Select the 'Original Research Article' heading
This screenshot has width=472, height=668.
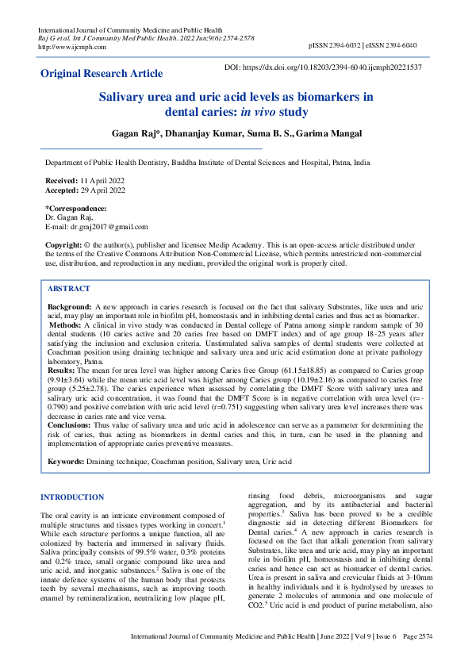102,74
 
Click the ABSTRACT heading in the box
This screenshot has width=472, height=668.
69,289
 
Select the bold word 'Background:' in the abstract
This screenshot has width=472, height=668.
69,305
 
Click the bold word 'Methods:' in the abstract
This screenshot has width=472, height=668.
69,325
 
